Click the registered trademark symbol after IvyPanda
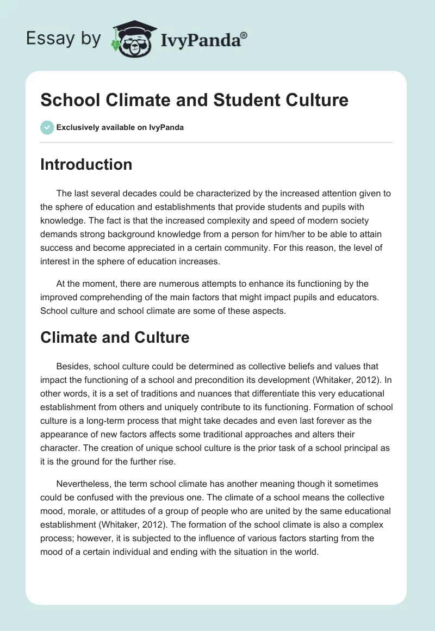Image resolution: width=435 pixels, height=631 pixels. tap(244, 35)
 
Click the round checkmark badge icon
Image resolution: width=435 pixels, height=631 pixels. tap(47, 127)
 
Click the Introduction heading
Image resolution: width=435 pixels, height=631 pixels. tap(86, 164)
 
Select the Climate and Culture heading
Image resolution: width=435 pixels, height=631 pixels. tap(115, 337)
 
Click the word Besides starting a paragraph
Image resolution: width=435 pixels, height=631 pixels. tap(72, 366)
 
